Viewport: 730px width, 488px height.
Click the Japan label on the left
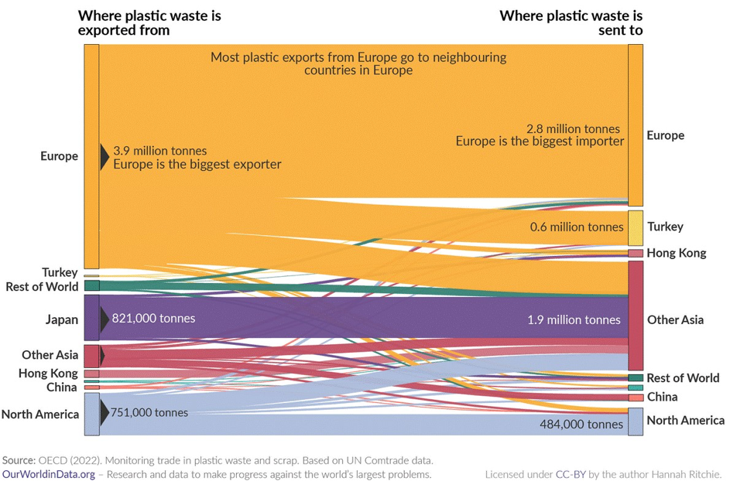point(62,319)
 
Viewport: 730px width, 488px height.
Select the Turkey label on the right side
point(665,227)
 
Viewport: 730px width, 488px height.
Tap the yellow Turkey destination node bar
point(635,228)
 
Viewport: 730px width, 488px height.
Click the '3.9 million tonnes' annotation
point(160,151)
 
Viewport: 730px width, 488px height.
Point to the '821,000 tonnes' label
point(153,318)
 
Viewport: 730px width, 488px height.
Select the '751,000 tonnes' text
point(149,412)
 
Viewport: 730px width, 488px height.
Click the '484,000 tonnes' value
point(581,424)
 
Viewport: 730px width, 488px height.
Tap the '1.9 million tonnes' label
point(574,319)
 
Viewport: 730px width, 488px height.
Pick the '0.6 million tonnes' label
point(577,227)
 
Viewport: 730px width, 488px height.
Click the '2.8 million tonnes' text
point(573,128)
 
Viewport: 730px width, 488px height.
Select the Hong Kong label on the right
point(676,253)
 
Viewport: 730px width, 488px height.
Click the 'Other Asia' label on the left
point(50,355)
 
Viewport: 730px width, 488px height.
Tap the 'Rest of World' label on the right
point(683,377)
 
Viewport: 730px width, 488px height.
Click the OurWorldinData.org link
point(49,474)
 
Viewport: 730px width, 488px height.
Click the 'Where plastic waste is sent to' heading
point(571,22)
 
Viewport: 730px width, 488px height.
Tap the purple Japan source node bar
point(91,318)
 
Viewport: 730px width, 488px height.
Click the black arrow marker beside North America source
point(105,413)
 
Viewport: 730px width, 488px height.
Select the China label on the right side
point(662,397)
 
